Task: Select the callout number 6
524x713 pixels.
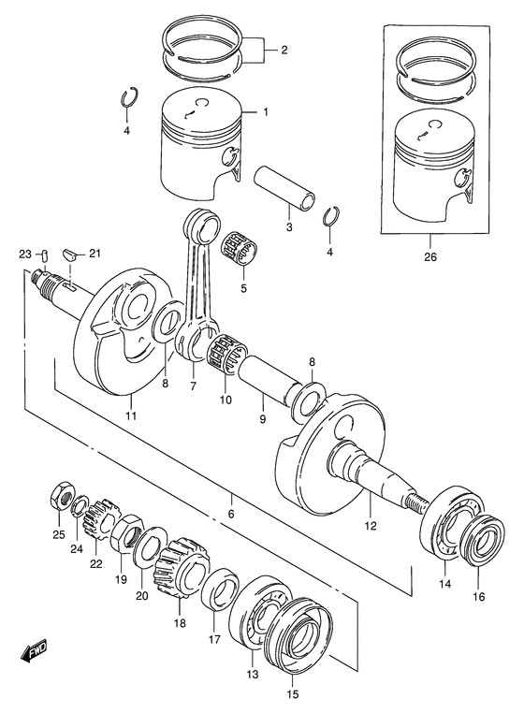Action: [x=230, y=514]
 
